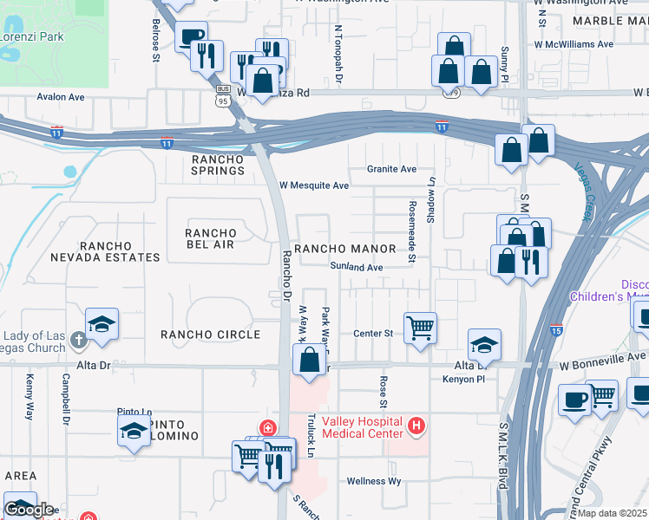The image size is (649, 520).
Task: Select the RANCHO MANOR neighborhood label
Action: point(345,249)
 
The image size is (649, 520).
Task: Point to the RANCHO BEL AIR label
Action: point(211,238)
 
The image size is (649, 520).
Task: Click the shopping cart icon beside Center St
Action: point(420,328)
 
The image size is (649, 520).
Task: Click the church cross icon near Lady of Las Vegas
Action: point(79,340)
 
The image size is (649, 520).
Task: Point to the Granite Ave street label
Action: point(391,169)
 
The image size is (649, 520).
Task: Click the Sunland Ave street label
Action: point(356,268)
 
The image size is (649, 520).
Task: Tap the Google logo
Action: point(29,510)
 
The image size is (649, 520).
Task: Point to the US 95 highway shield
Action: point(223,97)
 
